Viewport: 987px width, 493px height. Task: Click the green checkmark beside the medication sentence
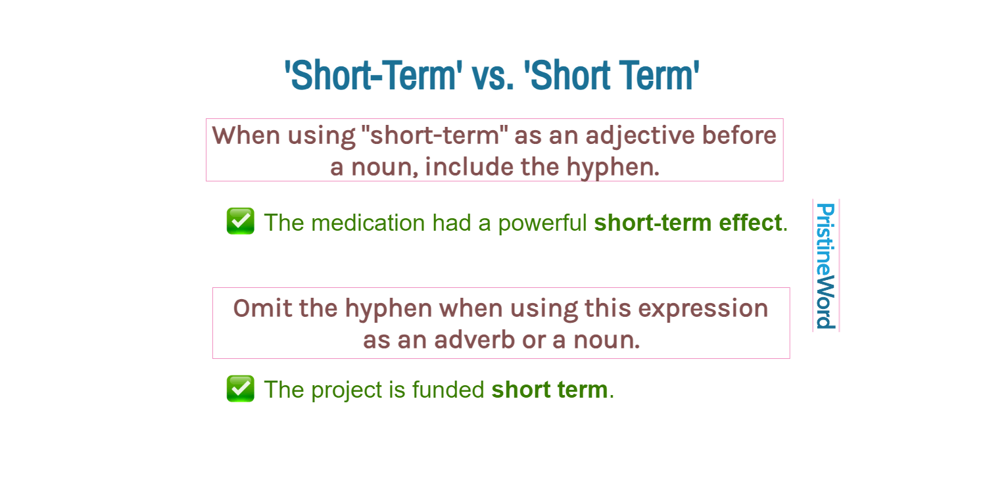coord(240,222)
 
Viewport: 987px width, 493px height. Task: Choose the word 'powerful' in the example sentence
coord(542,223)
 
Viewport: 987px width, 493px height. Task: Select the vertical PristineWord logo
coord(825,266)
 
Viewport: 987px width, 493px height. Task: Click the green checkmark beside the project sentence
coord(240,388)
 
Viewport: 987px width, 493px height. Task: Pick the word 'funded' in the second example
coord(448,390)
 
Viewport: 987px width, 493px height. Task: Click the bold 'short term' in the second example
coord(550,390)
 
